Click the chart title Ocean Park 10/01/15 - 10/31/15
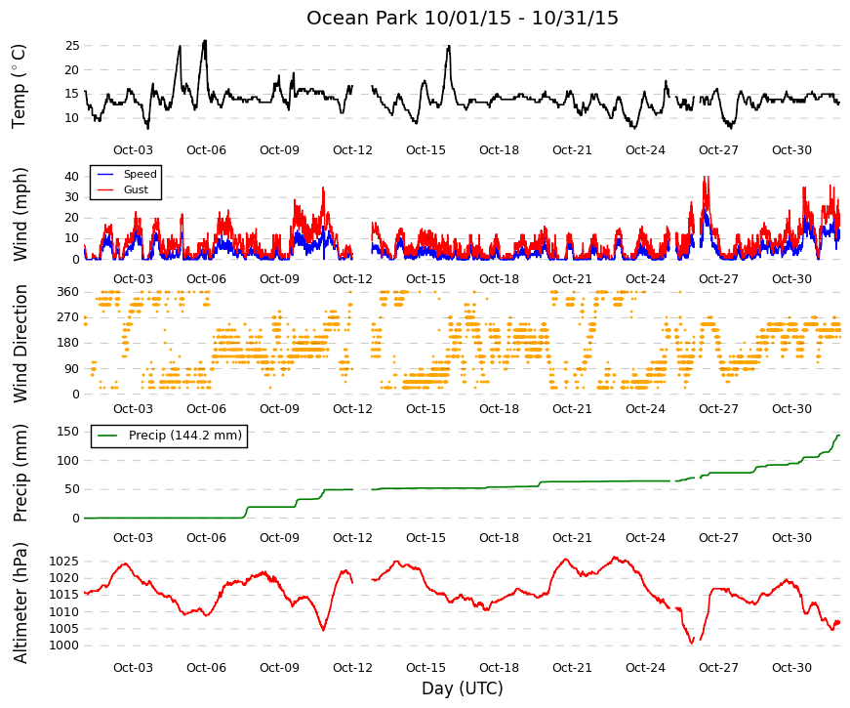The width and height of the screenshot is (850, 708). [x=462, y=18]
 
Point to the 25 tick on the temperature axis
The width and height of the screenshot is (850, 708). [x=72, y=46]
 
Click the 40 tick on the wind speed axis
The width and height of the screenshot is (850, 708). [x=72, y=177]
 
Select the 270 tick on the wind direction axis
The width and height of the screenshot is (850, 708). [x=68, y=317]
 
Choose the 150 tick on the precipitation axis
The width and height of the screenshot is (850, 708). [x=68, y=432]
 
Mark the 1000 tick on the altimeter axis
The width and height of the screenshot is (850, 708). [x=64, y=646]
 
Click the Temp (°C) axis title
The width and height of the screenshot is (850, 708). [x=19, y=87]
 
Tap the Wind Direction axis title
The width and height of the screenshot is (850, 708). [x=20, y=344]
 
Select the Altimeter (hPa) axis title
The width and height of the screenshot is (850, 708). [x=20, y=603]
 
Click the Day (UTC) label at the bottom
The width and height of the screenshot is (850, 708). [x=462, y=688]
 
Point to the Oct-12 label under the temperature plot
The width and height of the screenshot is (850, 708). [x=352, y=150]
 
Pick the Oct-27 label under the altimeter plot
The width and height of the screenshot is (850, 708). [x=718, y=668]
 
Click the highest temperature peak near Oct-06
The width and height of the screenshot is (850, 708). [x=204, y=41]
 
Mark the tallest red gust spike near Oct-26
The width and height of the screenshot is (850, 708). [x=706, y=177]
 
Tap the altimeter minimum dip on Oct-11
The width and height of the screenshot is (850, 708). [x=324, y=630]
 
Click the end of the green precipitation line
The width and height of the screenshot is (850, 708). [x=839, y=436]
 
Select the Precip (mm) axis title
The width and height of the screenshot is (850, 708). [x=20, y=473]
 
